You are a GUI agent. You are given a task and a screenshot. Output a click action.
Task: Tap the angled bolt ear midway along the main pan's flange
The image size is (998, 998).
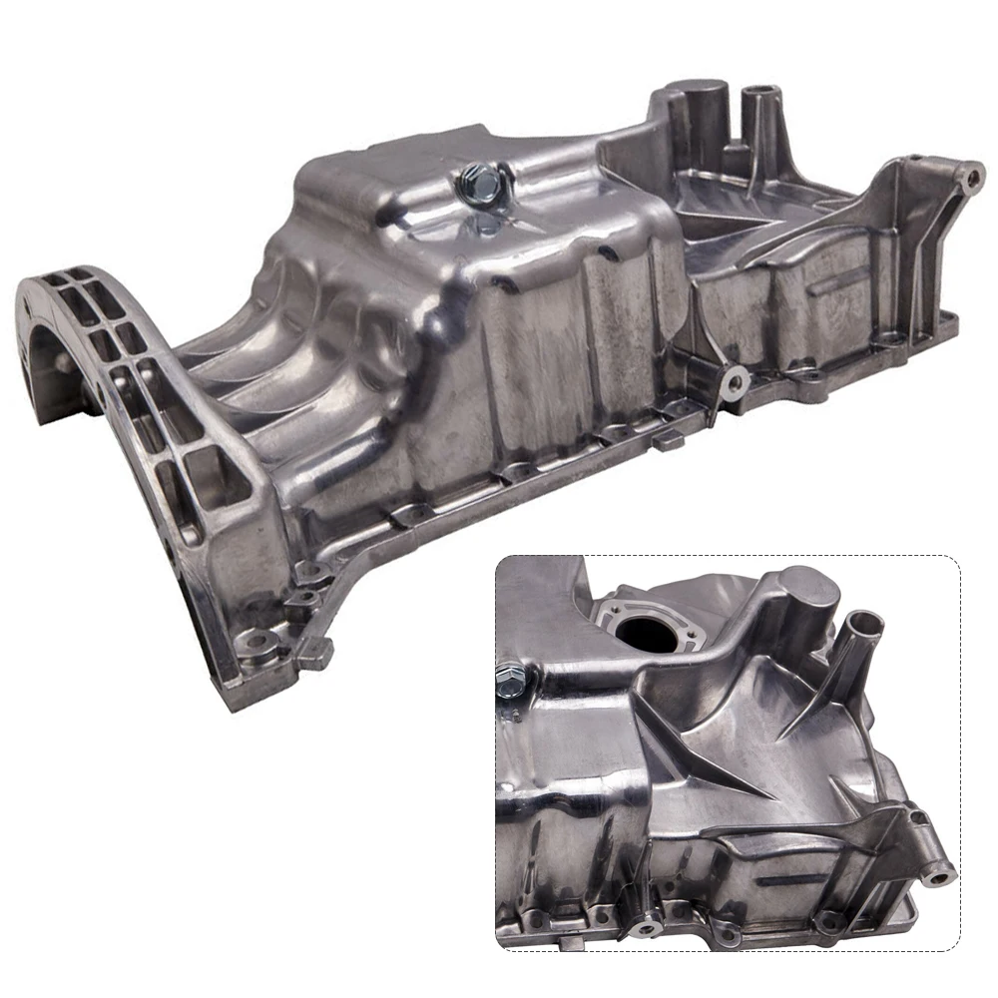pos(734,380)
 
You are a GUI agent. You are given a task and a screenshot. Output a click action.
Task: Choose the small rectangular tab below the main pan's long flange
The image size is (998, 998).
pos(666,441)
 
